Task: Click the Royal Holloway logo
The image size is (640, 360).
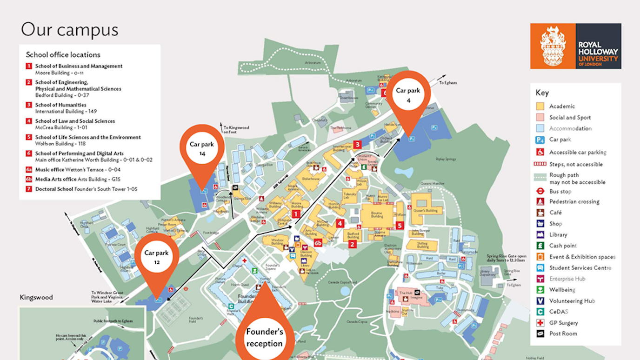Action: (575, 46)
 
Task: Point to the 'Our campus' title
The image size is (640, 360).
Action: (69, 30)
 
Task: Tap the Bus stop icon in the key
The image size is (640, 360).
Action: (540, 191)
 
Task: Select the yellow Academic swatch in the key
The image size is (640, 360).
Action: (540, 107)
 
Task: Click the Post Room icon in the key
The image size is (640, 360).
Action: (540, 333)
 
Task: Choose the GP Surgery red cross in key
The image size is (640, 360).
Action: (540, 323)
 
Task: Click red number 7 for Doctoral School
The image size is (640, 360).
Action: (29, 189)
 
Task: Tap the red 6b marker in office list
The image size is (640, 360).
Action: (29, 179)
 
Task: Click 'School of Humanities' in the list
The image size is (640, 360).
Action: (60, 105)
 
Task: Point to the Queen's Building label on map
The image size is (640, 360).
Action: (425, 210)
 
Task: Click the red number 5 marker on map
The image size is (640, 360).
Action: (399, 226)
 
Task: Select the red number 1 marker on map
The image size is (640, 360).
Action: (295, 213)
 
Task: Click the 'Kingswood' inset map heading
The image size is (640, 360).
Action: (36, 297)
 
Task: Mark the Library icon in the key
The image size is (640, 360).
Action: (540, 234)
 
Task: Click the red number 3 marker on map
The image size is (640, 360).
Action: (357, 144)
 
